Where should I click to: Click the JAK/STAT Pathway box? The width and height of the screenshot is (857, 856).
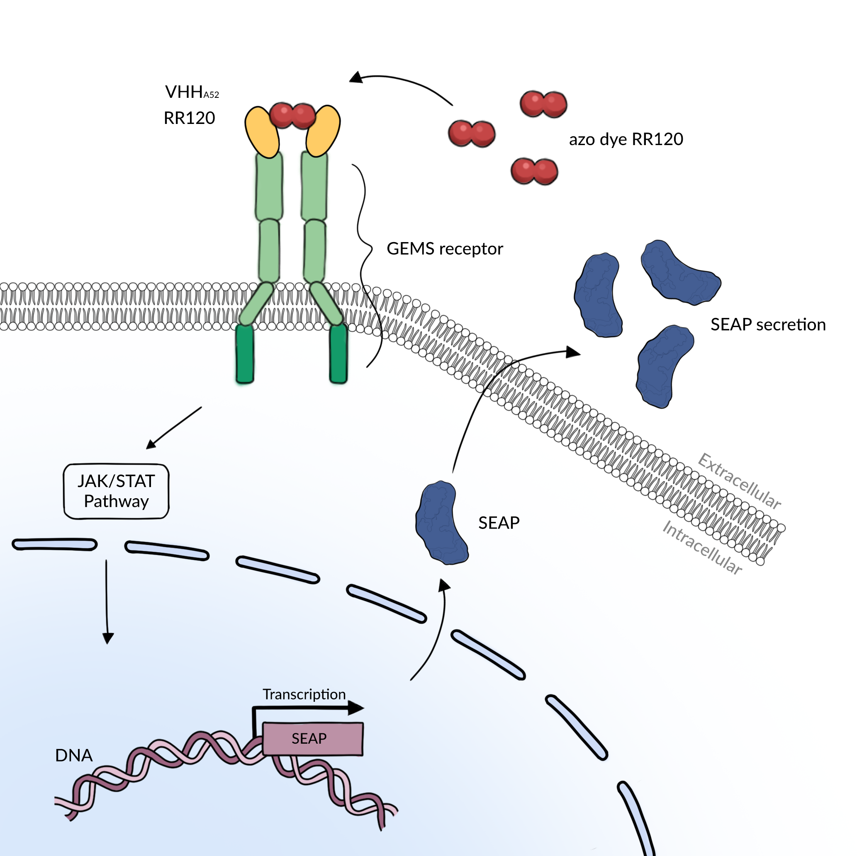point(116,491)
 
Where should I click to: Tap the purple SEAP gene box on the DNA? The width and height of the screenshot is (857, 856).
point(313,739)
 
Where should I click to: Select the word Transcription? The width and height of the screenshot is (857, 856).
point(304,694)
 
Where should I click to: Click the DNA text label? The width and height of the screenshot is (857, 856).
point(74,755)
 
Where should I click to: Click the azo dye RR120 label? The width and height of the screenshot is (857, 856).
point(626,139)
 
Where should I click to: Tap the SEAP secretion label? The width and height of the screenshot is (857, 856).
point(768,325)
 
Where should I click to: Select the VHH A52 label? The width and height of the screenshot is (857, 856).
point(192,92)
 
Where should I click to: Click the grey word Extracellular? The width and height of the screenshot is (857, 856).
point(739,481)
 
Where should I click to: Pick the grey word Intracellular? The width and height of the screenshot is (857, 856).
point(702,548)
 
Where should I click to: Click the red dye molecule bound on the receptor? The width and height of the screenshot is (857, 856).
point(292,115)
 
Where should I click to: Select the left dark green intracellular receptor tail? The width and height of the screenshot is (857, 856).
point(245,354)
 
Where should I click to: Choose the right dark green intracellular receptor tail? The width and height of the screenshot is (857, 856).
point(338,354)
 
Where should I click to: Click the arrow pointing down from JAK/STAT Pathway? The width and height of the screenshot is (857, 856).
point(107,601)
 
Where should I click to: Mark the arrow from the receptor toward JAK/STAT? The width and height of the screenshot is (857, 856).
point(174,428)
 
